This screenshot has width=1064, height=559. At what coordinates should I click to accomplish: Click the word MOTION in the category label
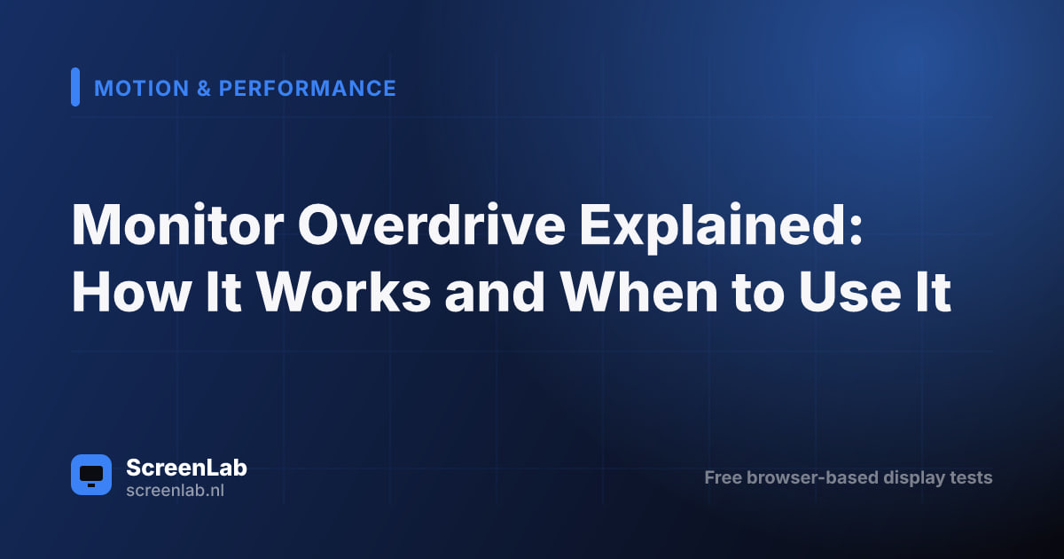(x=142, y=89)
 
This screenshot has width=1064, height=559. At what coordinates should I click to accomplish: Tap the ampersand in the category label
(x=204, y=89)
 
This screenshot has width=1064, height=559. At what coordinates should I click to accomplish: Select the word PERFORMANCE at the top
(x=308, y=89)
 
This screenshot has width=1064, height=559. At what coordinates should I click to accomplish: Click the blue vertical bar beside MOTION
(x=75, y=87)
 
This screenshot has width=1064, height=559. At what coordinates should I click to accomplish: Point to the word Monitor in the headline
(x=177, y=224)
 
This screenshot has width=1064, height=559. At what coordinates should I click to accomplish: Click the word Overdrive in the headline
(x=431, y=224)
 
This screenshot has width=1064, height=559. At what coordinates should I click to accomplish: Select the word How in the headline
(x=131, y=291)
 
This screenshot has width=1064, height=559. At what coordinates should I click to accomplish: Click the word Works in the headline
(x=344, y=291)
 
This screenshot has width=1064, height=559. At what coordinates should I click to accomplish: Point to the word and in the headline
(x=495, y=291)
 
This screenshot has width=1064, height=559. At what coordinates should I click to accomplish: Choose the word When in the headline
(x=639, y=291)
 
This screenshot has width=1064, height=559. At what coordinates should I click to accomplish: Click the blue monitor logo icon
(x=91, y=475)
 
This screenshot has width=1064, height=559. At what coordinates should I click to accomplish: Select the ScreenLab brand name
(x=187, y=468)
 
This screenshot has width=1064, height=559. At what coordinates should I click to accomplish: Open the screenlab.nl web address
(x=175, y=490)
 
